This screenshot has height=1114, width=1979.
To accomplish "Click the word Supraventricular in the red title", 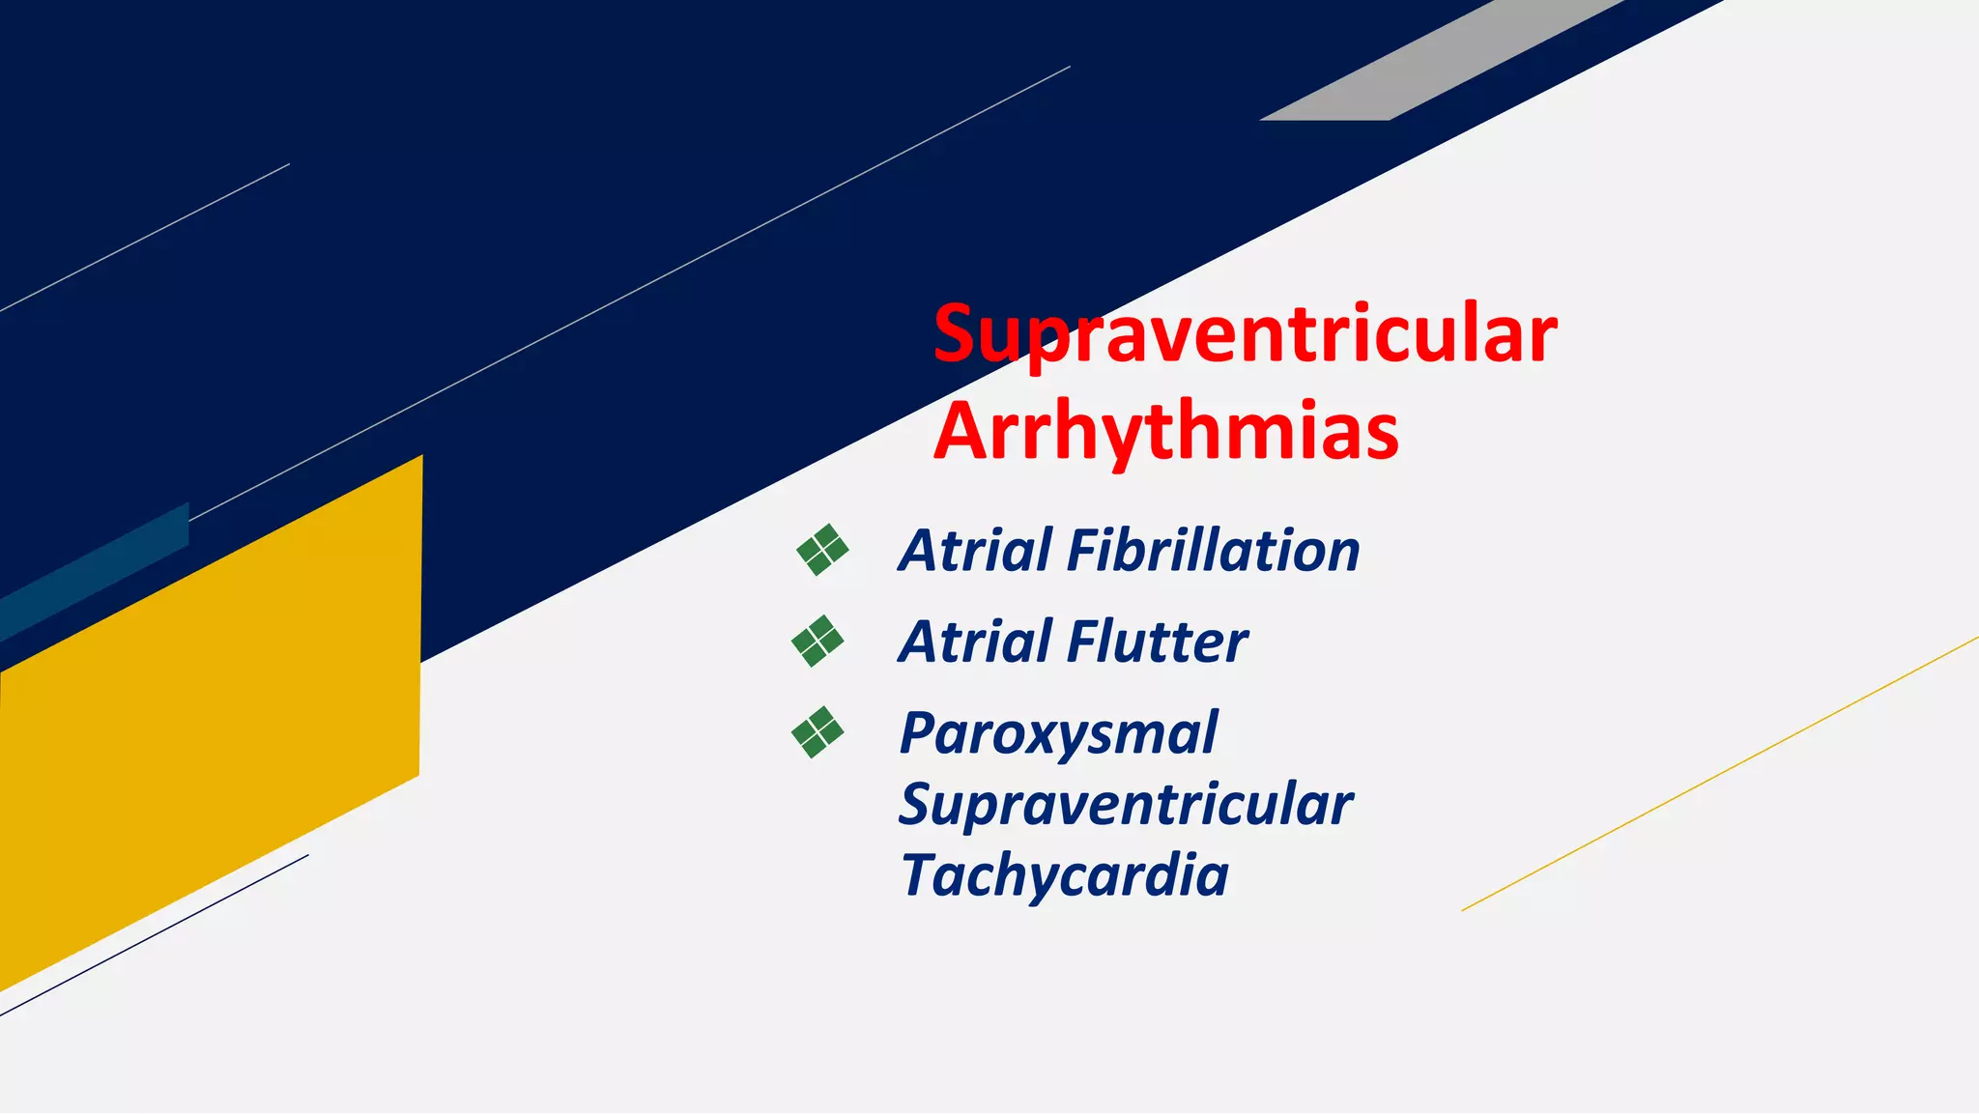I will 1245,333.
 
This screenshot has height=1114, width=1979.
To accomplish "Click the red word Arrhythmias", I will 1166,430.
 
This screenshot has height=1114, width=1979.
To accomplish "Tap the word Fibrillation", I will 1213,551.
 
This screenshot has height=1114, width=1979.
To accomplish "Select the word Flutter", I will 1158,643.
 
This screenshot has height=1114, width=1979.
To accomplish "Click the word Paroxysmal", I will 1058,734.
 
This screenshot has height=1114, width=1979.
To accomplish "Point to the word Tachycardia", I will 1064,875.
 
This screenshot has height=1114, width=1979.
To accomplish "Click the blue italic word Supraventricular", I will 1125,805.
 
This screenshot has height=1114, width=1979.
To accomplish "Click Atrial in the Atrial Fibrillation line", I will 974,551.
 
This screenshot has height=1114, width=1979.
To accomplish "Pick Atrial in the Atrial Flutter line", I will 974,643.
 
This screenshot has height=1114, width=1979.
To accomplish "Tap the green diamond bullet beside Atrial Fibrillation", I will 822,551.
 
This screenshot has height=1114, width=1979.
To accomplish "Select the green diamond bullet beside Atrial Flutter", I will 817,642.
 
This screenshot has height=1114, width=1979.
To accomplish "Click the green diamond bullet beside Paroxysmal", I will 817,732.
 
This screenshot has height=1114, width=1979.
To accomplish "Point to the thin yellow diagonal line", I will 1720,774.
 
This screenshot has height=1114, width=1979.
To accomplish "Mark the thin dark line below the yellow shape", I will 155,934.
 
